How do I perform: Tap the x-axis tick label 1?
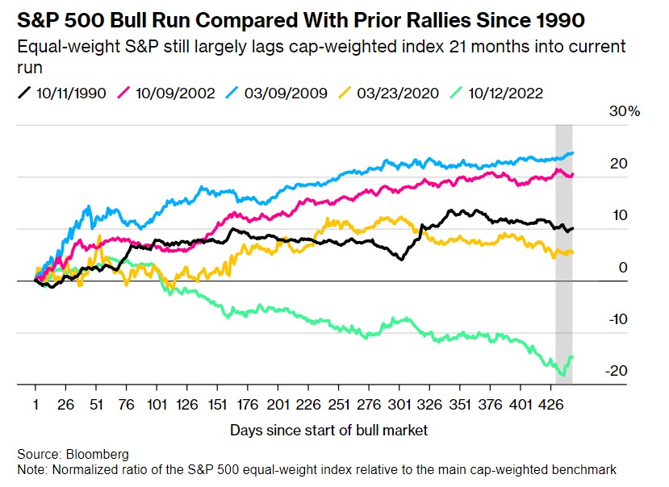(36, 403)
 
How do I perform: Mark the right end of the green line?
(573, 356)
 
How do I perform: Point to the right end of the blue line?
(573, 153)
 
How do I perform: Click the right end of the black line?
(573, 228)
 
